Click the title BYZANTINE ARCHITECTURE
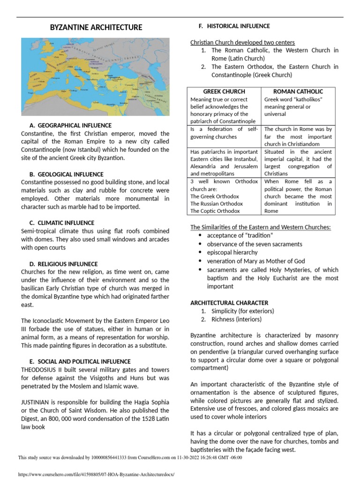pyautogui.click(x=96, y=28)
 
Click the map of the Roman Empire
pyautogui.click(x=96, y=76)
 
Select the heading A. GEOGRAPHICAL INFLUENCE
pyautogui.click(x=70, y=126)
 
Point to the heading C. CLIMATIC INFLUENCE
pyautogui.click(x=62, y=223)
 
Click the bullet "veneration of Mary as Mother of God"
pyautogui.click(x=256, y=261)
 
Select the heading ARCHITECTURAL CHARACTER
pyautogui.click(x=229, y=303)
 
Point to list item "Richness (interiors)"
pyautogui.click(x=237, y=319)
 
